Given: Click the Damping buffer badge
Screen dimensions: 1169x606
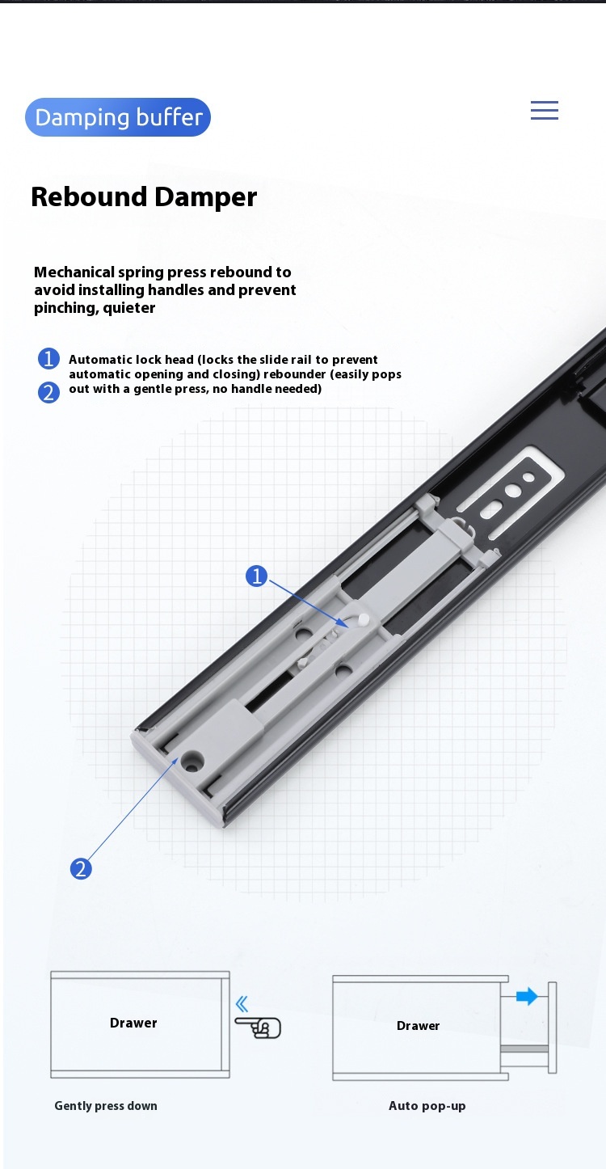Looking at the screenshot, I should [118, 117].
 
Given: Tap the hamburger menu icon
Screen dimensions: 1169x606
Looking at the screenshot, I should [544, 111].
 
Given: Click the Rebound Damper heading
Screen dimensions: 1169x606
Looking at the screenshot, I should [144, 197].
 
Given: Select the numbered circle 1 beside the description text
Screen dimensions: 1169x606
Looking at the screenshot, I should [48, 359].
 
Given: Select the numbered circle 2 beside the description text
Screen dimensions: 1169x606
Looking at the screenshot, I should [48, 392].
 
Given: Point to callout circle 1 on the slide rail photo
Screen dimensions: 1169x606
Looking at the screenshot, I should [256, 576].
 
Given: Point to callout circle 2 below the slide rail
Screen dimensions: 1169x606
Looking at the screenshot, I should [80, 869].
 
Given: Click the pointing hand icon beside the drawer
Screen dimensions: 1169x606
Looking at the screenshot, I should [259, 1028].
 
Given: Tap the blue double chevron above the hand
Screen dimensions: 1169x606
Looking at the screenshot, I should [242, 1004].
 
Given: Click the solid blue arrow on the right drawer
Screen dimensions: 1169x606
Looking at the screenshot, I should [527, 996].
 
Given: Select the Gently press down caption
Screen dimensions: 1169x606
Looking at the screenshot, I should [106, 1106].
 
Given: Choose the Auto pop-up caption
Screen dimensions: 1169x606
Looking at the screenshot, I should [427, 1106].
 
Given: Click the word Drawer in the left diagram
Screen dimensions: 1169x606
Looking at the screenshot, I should [133, 1023].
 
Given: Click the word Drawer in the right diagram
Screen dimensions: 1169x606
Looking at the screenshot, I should [418, 1026].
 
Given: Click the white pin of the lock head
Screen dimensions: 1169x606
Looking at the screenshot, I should [364, 618].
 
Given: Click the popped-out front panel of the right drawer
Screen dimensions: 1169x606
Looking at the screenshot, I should [553, 1028].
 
